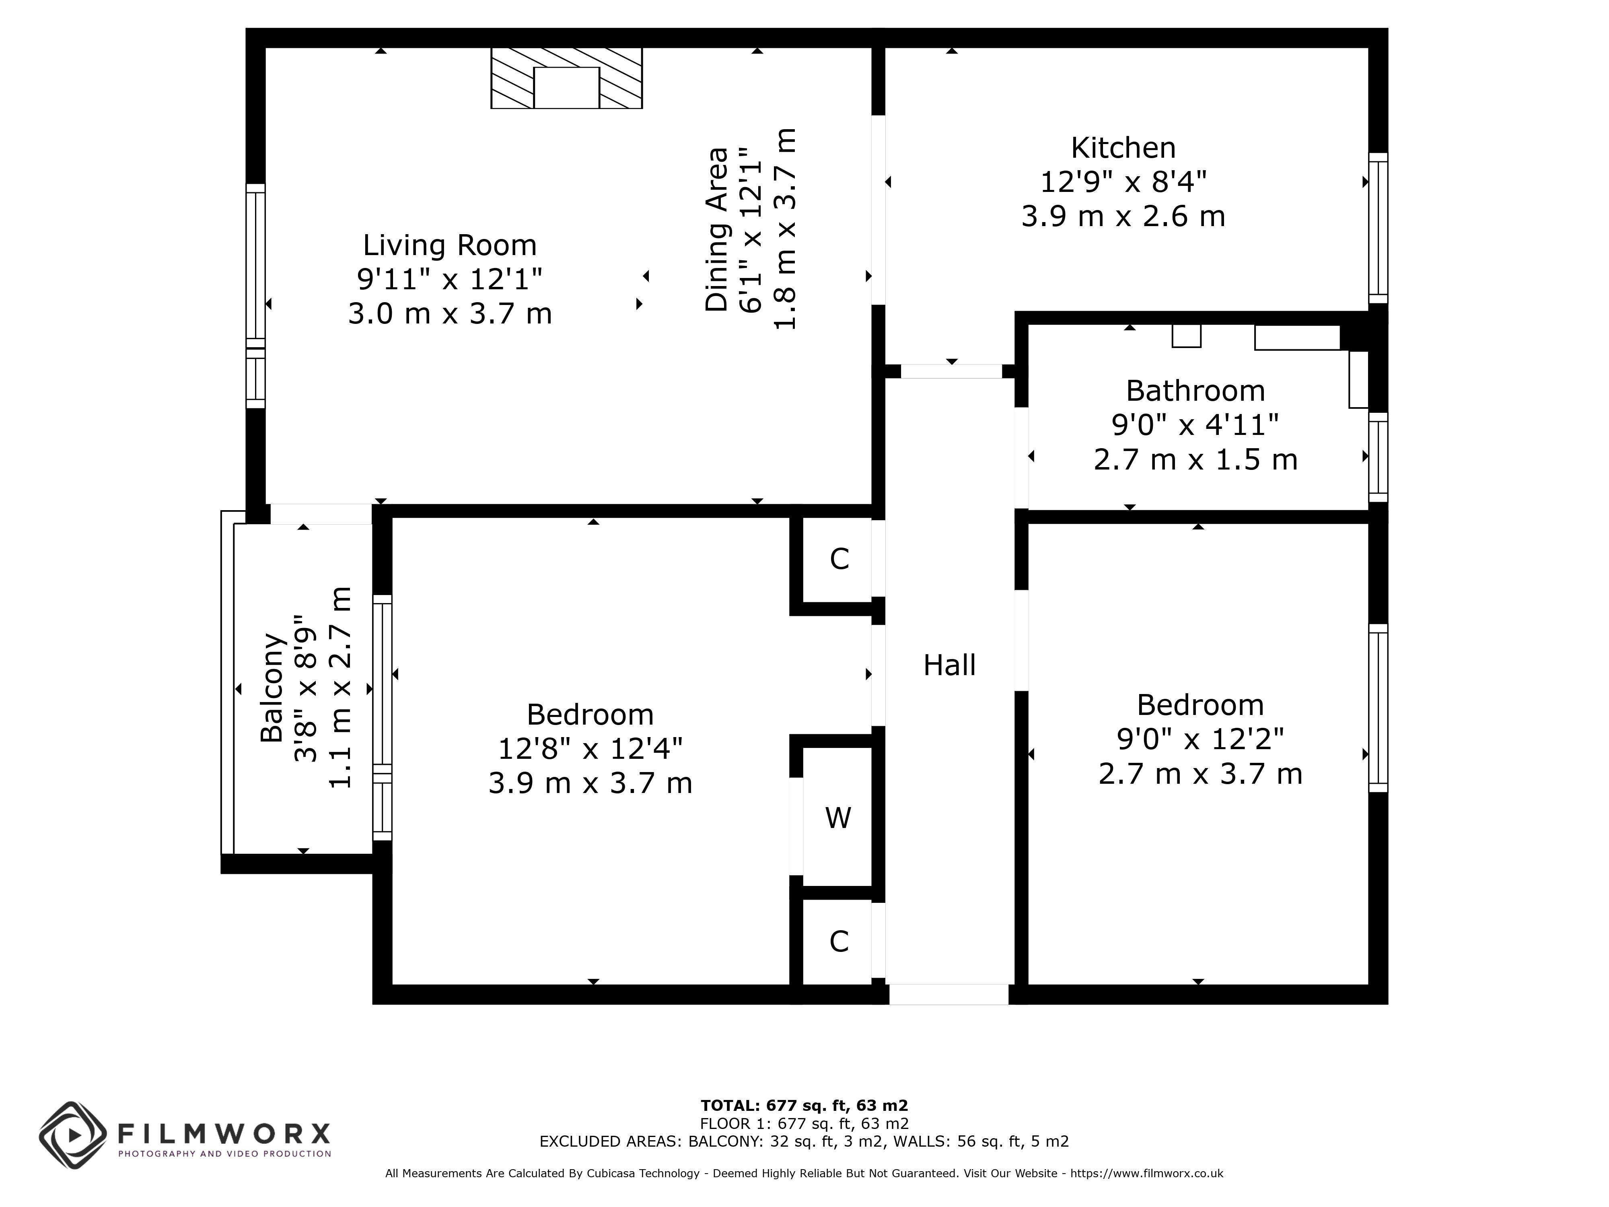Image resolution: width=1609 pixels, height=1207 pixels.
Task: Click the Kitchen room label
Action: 1123,148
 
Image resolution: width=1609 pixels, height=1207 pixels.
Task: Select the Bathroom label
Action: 1195,391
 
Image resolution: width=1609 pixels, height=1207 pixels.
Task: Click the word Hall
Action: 949,665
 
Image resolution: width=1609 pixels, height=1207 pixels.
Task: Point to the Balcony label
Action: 272,688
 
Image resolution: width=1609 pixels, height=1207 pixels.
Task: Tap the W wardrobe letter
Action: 838,818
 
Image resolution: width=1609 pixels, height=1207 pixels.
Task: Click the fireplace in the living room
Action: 567,78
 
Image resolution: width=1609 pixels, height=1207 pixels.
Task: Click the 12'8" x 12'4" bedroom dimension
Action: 590,749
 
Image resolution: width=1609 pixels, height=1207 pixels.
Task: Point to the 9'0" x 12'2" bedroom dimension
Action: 1200,739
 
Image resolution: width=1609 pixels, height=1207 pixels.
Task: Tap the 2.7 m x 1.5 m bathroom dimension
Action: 1195,460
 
